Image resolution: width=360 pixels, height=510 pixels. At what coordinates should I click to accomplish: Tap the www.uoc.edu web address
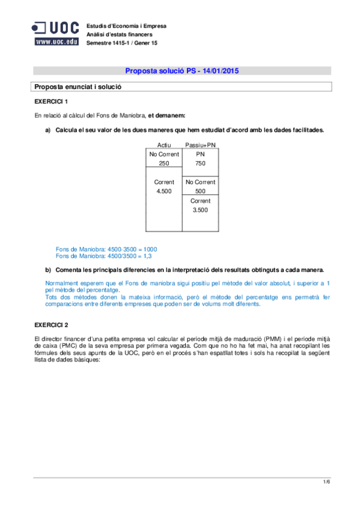[x=56, y=41]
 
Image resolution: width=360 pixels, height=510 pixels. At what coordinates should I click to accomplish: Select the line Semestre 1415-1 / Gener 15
[x=122, y=43]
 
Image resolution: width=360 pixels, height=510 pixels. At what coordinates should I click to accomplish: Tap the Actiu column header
[x=164, y=145]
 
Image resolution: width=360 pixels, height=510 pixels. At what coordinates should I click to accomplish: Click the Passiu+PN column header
[x=200, y=145]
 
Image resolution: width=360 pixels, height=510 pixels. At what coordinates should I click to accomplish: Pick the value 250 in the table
[x=164, y=163]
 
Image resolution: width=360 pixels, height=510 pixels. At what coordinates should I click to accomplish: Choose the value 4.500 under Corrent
[x=164, y=191]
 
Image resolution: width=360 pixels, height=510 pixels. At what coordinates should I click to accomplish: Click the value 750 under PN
[x=200, y=163]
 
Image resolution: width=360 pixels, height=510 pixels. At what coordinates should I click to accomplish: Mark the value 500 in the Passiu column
[x=200, y=191]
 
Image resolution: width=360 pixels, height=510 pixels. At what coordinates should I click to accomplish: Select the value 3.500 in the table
[x=200, y=210]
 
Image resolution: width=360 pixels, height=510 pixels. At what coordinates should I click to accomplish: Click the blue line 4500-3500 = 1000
[x=106, y=249]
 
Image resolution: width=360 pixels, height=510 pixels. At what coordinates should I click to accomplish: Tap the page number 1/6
[x=326, y=482]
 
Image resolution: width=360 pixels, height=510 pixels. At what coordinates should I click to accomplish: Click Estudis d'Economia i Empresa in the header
[x=127, y=26]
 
